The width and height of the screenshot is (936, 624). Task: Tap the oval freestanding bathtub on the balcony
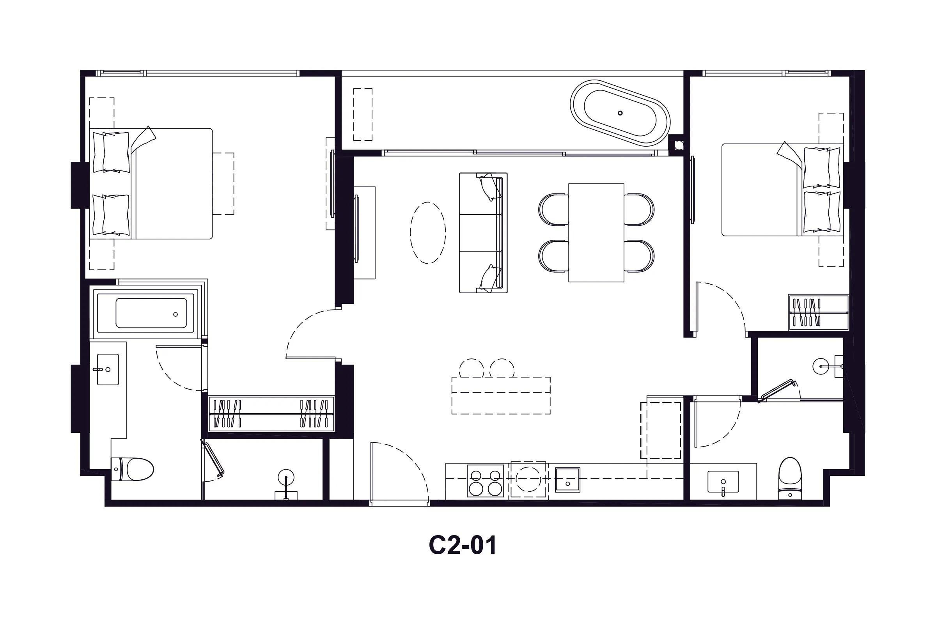[620, 113]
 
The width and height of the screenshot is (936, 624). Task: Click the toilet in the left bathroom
[133, 469]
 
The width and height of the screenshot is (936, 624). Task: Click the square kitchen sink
[567, 480]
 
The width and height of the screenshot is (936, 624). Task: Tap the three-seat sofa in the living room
[483, 233]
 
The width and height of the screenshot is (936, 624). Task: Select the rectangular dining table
[596, 233]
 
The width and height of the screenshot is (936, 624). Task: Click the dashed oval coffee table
[428, 233]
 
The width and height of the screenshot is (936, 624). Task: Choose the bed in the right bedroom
[782, 190]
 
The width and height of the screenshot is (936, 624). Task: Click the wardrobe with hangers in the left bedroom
[271, 414]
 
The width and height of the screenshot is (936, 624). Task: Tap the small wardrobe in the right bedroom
[819, 312]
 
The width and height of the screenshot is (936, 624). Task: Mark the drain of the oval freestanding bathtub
[620, 113]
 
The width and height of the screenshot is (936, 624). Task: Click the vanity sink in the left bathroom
[108, 369]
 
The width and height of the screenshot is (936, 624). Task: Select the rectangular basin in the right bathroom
[723, 482]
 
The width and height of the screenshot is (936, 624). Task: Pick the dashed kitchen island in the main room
[501, 395]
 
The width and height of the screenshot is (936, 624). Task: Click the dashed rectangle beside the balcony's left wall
[363, 114]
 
